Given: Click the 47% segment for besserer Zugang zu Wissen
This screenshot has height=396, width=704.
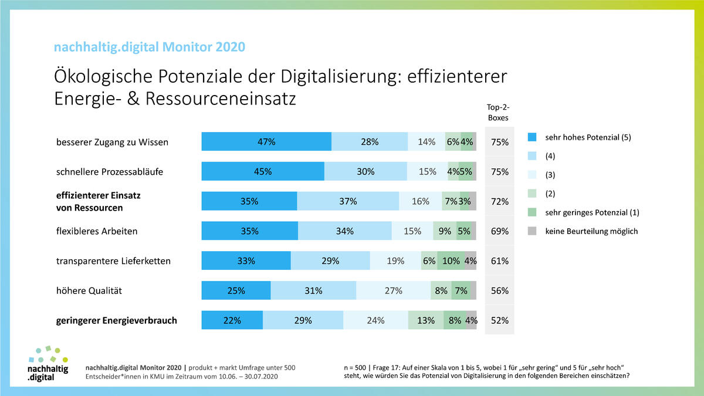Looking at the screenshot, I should pyautogui.click(x=266, y=142).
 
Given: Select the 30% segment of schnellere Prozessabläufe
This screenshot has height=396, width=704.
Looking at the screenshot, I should pyautogui.click(x=365, y=172).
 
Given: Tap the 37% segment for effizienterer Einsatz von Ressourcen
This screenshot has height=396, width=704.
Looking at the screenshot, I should pyautogui.click(x=348, y=201).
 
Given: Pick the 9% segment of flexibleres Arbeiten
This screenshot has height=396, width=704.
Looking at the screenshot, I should pyautogui.click(x=445, y=231).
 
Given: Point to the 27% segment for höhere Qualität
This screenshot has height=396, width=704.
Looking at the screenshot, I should pyautogui.click(x=393, y=290).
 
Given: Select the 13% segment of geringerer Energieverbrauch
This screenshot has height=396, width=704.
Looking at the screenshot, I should pyautogui.click(x=426, y=320).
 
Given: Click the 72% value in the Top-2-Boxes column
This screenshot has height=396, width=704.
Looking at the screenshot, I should pyautogui.click(x=499, y=201).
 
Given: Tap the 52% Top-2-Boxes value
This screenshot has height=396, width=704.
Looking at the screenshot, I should pyautogui.click(x=499, y=320).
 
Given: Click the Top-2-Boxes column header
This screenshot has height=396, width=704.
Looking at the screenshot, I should pyautogui.click(x=499, y=113).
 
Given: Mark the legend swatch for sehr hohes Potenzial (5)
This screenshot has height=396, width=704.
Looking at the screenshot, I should pyautogui.click(x=532, y=138).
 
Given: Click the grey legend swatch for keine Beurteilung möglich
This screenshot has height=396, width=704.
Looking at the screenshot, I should pyautogui.click(x=532, y=231).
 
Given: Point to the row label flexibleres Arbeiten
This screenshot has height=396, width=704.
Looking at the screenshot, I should pyautogui.click(x=97, y=231).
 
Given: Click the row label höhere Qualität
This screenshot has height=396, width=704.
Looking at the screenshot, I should pyautogui.click(x=89, y=290).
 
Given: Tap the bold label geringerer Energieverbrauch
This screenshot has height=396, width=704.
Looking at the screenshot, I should pyautogui.click(x=116, y=320).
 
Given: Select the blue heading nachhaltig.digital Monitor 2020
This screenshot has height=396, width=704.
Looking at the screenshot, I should pyautogui.click(x=150, y=47).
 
